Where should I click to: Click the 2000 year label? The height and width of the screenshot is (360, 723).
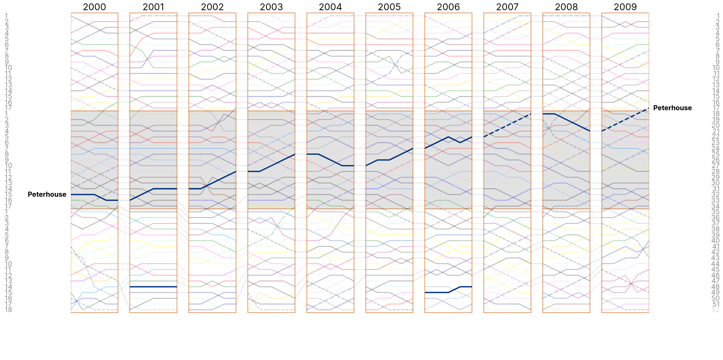pyautogui.click(x=94, y=7)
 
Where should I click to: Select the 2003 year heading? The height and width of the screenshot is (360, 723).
pyautogui.click(x=271, y=7)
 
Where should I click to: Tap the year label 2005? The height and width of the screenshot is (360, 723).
pyautogui.click(x=389, y=7)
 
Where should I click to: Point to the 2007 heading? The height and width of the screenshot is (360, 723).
pyautogui.click(x=507, y=7)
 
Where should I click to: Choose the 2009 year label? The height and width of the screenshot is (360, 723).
pyautogui.click(x=625, y=7)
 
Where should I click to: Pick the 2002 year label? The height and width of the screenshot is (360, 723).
pyautogui.click(x=212, y=7)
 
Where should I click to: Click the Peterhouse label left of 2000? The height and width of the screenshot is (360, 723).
pyautogui.click(x=47, y=194)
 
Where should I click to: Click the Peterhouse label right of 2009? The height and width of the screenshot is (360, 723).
pyautogui.click(x=672, y=108)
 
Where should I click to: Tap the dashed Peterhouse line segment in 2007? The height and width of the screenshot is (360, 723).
pyautogui.click(x=507, y=125)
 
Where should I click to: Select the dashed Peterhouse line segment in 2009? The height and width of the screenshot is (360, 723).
pyautogui.click(x=625, y=120)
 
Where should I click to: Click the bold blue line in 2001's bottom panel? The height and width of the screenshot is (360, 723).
pyautogui.click(x=153, y=287)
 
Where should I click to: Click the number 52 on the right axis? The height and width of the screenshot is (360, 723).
pyautogui.click(x=716, y=310)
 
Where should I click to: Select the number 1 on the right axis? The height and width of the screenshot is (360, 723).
pyautogui.click(x=717, y=16)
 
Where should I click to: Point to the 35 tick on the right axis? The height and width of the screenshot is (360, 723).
pyautogui.click(x=716, y=212)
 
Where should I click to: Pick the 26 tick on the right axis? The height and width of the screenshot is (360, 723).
pyautogui.click(x=716, y=160)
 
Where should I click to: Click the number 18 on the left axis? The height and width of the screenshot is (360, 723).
pyautogui.click(x=8, y=310)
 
